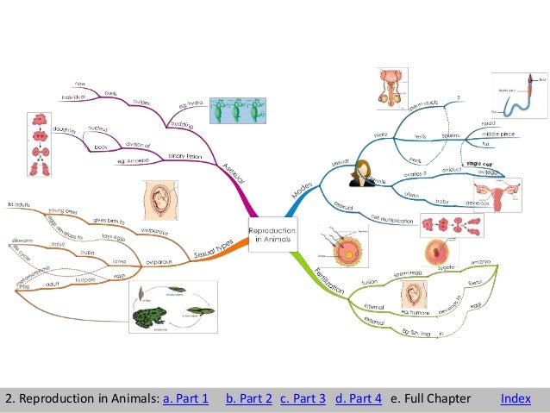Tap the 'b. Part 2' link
(249, 398)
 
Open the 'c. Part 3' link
(303, 398)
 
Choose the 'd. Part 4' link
(358, 398)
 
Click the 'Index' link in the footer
(516, 398)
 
